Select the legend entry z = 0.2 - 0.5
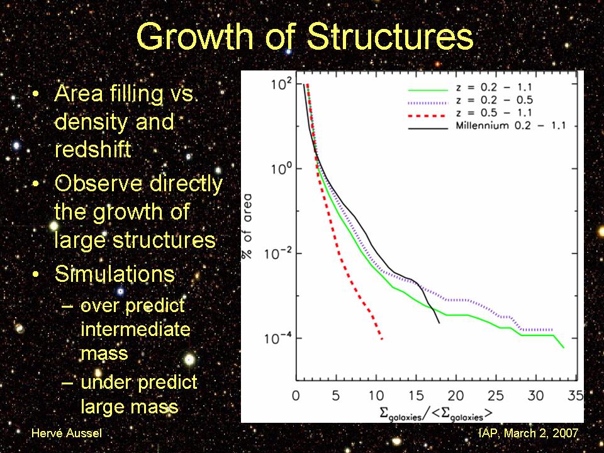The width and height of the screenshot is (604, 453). [497, 101]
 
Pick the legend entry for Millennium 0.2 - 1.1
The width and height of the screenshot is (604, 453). [510, 126]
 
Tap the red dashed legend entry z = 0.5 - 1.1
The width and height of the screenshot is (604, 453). [497, 113]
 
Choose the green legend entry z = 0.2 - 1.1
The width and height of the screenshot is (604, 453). [497, 89]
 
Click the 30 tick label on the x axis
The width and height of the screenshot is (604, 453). [535, 396]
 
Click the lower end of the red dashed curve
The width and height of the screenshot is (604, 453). [382, 340]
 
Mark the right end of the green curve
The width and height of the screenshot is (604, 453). [563, 347]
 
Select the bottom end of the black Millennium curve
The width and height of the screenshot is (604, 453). [439, 323]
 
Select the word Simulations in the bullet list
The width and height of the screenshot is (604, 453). [115, 274]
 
